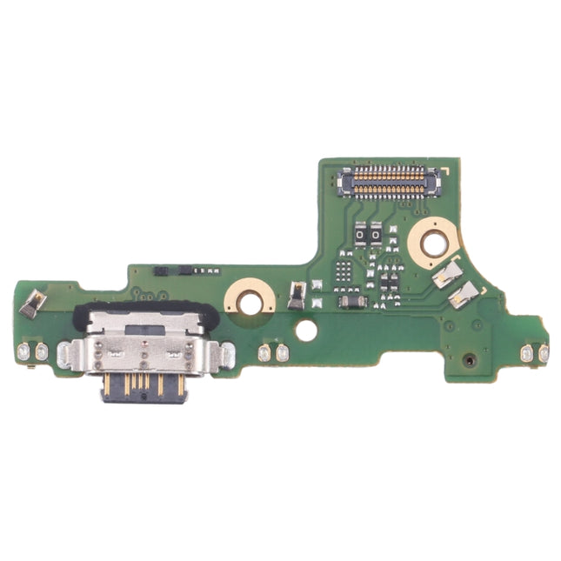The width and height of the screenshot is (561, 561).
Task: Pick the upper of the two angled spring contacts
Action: click(x=448, y=275)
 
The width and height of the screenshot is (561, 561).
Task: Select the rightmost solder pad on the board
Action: click(x=544, y=353)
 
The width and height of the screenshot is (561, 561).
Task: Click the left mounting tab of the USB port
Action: click(x=64, y=354)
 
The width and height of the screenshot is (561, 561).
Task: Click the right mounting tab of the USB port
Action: click(x=226, y=354)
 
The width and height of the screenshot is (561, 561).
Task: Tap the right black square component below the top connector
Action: click(x=377, y=234)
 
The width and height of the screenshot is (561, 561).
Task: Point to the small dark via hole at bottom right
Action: click(x=470, y=358)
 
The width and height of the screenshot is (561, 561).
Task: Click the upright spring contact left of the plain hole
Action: click(x=296, y=297)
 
